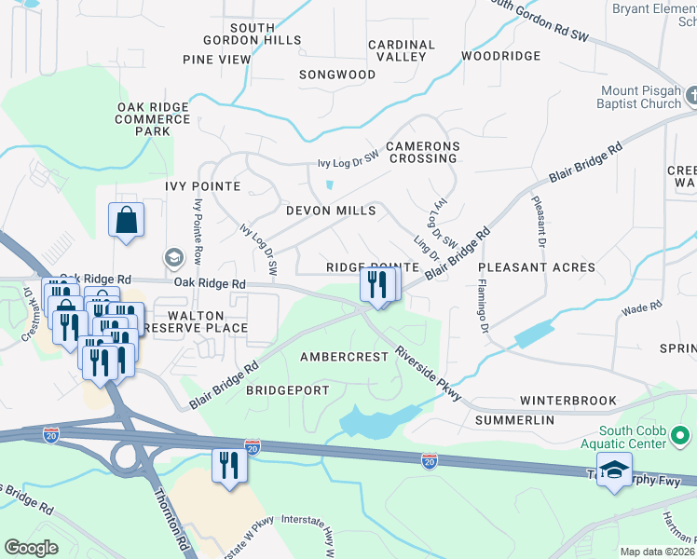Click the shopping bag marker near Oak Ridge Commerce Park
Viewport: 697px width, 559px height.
pos(126,221)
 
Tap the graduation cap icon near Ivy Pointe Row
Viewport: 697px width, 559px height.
pos(173,257)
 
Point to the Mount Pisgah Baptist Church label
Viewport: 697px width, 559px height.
pos(639,97)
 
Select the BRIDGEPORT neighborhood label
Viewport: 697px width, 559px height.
pos(287,390)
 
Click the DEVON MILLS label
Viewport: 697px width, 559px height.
pos(331,211)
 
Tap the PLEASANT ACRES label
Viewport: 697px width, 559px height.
pos(537,267)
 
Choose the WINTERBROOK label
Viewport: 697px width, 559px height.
pos(567,401)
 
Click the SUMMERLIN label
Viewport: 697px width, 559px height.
pos(514,421)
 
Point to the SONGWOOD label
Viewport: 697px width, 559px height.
pos(337,75)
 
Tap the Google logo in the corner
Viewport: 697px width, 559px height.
pos(31,548)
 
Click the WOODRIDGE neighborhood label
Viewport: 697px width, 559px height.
pos(500,56)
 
